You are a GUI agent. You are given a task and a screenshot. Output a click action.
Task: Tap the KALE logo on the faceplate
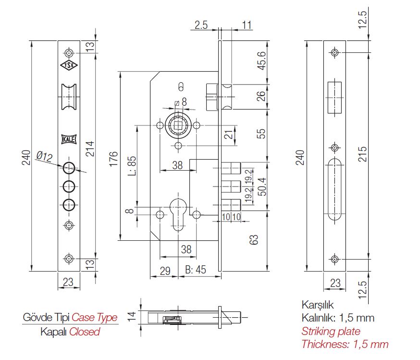pyautogui.click(x=69, y=139)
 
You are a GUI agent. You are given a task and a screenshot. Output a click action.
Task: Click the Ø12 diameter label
pyautogui.click(x=44, y=156)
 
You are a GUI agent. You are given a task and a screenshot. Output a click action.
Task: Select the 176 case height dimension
pyautogui.click(x=113, y=159)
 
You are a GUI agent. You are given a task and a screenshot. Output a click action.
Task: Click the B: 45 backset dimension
pyautogui.click(x=196, y=271)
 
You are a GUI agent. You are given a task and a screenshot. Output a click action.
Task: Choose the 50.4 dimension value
pyautogui.click(x=261, y=186)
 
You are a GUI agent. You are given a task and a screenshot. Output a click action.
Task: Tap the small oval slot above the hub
pyautogui.click(x=181, y=87)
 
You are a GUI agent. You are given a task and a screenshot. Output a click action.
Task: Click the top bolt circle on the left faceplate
pyautogui.click(x=69, y=167)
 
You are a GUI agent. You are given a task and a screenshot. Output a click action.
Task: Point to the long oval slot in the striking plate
pyautogui.click(x=334, y=190)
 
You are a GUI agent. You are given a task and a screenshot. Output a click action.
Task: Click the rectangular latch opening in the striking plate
pyautogui.click(x=334, y=98)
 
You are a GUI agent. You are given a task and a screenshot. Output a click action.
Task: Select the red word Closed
pyautogui.click(x=85, y=332)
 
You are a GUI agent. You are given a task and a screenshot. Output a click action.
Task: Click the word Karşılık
pyautogui.click(x=317, y=305)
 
